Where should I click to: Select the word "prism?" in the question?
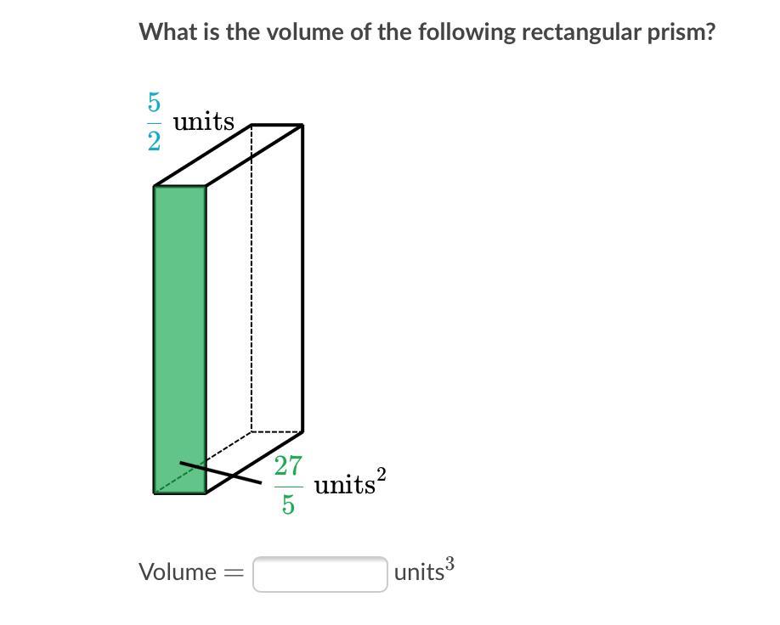pos(683,32)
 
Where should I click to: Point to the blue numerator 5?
pos(154,103)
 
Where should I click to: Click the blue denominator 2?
pos(154,141)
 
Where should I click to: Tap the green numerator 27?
pos(288,465)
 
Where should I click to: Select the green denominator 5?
pos(288,505)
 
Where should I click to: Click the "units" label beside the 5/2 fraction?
pos(204,122)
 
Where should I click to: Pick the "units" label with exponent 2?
pos(344,486)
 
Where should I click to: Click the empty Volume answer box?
pos(320,574)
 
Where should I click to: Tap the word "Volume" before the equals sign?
pos(178,572)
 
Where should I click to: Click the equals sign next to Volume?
pos(234,573)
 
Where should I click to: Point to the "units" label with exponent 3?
pos(419,572)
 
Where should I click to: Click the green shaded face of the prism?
pos(180,340)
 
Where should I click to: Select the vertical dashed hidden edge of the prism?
pos(252,280)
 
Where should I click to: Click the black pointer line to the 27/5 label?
pos(221,473)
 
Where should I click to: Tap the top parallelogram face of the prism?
pos(229,155)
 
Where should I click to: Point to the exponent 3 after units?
pos(449,563)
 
